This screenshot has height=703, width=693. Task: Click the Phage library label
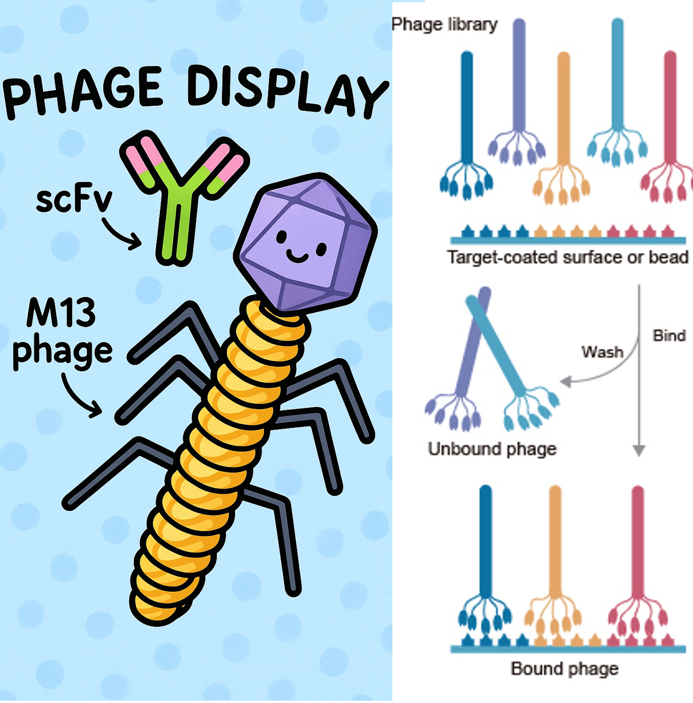(444, 25)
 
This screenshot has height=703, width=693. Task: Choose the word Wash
(602, 352)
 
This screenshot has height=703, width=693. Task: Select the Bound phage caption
(564, 669)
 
